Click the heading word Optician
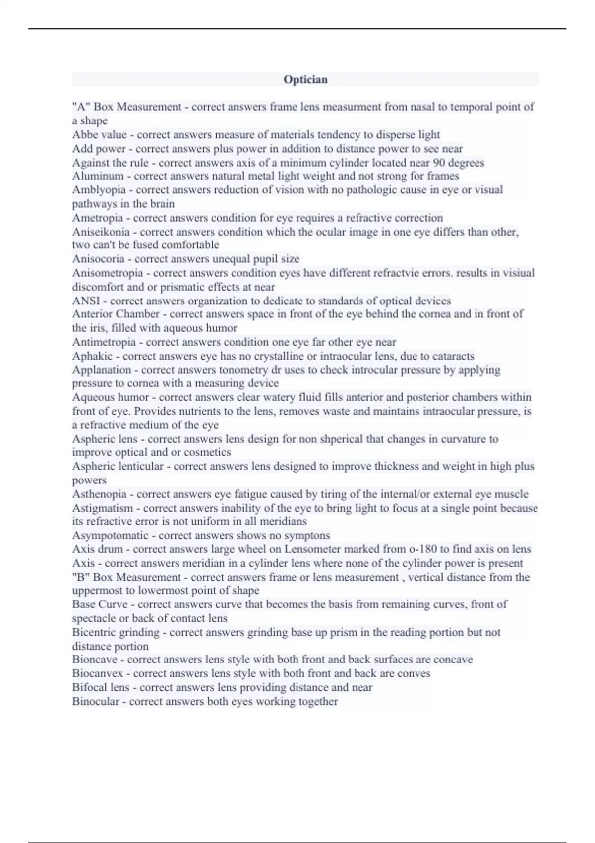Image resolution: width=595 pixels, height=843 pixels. click(x=305, y=80)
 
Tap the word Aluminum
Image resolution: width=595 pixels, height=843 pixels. click(x=98, y=176)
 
